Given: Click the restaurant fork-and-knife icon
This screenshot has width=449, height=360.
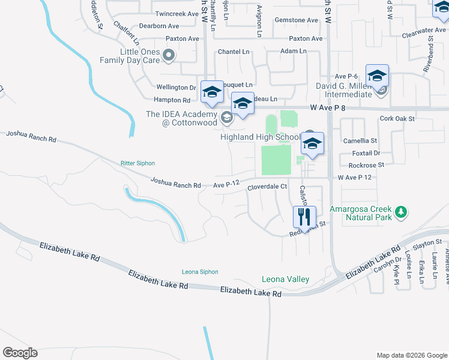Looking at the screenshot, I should coord(305,216).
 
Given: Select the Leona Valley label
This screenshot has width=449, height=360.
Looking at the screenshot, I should coord(285,279).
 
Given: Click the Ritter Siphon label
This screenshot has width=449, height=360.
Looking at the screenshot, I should coord(137,163).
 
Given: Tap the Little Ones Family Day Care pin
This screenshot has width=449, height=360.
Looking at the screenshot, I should coord(169,56).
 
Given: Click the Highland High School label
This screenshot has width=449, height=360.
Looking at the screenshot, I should coord(259,137).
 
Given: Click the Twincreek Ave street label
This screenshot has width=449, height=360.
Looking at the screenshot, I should coord(176,13).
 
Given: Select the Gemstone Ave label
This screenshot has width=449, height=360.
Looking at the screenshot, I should coord(297,20).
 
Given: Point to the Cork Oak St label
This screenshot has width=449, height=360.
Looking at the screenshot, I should coord(397,119).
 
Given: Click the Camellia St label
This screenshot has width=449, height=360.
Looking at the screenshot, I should coord(360,140).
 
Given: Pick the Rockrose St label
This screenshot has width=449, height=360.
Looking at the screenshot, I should coord(366,165).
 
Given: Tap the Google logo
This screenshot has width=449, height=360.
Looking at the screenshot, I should coord(20,353).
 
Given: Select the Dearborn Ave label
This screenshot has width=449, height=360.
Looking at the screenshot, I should coord(159,26).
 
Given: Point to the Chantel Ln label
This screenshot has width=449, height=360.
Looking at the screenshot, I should coord(234,52).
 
